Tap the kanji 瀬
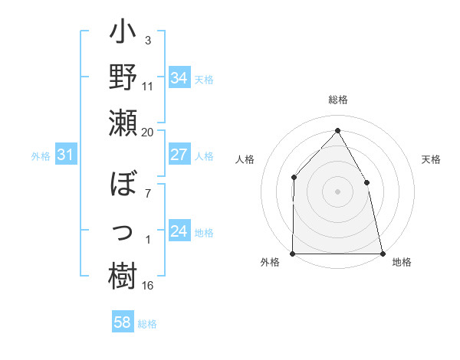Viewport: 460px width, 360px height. point(123,123)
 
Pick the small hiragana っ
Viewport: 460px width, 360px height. point(123,230)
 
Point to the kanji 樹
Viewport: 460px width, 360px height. point(123,275)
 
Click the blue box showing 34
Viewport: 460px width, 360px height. point(179,77)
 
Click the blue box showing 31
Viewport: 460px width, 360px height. point(65,155)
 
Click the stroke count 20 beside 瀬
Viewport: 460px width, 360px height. point(148,132)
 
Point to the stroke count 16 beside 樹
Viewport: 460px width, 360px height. point(148,286)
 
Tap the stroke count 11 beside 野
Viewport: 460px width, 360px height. point(148,86)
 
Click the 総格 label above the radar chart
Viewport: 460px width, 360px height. point(338,100)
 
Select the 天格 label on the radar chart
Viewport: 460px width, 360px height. point(431,159)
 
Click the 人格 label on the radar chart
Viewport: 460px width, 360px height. point(245,159)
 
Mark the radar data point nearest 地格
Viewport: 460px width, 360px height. point(383,254)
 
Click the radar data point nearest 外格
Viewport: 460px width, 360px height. point(293,254)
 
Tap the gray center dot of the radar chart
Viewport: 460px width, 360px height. point(337,191)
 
